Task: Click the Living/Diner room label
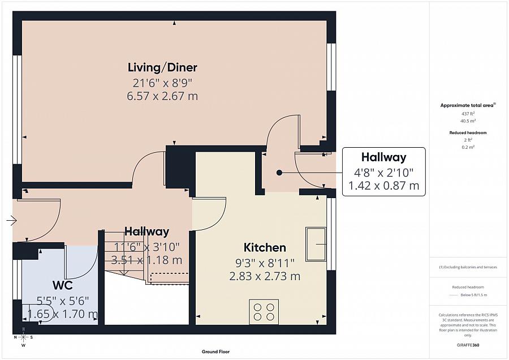pos(162,68)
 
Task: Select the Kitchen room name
pos(264,247)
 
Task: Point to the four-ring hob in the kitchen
pos(264,312)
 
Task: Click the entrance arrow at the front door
pos(11,221)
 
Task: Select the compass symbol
pos(23,337)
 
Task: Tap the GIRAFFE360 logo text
pos(468,345)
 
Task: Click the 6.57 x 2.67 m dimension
pos(162,96)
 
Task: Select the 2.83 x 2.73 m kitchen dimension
pos(264,277)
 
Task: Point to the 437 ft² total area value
pos(468,114)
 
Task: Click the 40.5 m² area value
pos(468,121)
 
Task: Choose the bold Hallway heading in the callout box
pos(383,157)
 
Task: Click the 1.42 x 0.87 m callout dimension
pos(383,186)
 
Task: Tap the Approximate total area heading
pos(468,105)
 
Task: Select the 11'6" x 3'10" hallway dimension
pos(146,246)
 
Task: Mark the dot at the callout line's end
pos(279,173)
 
